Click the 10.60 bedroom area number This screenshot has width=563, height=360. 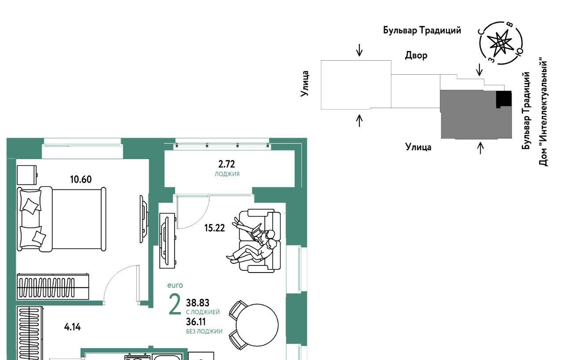pyautogui.click(x=81, y=179)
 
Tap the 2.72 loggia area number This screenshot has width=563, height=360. pyautogui.click(x=227, y=165)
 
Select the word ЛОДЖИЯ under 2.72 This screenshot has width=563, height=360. pyautogui.click(x=227, y=174)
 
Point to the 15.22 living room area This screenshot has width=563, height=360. pyautogui.click(x=215, y=228)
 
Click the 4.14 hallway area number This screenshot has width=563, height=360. pyautogui.click(x=72, y=327)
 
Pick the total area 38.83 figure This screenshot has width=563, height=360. pyautogui.click(x=197, y=303)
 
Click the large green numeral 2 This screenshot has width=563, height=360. pyautogui.click(x=175, y=305)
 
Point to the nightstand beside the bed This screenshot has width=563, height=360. pyautogui.click(x=26, y=175)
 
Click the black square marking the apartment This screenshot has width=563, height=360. pyautogui.click(x=504, y=99)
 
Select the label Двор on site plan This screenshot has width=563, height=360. pyautogui.click(x=416, y=56)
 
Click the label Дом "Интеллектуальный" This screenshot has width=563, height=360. pyautogui.click(x=544, y=113)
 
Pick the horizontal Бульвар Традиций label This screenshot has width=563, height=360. pyautogui.click(x=422, y=31)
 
